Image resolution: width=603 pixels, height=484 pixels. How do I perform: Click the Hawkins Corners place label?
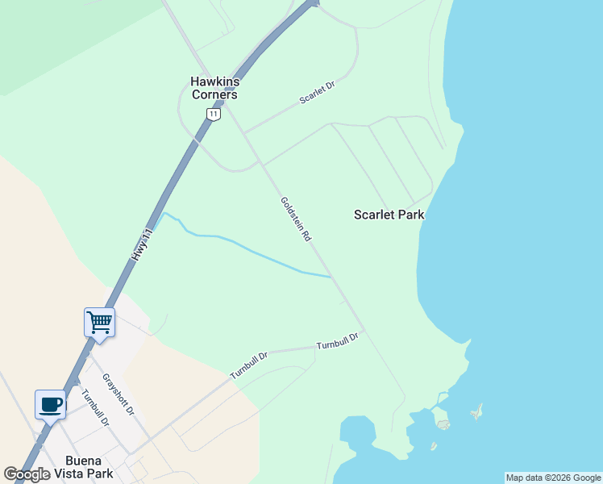(x=214, y=88)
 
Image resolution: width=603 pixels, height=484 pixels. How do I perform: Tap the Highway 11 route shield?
(x=213, y=115)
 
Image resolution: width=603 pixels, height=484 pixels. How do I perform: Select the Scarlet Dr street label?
(x=317, y=92)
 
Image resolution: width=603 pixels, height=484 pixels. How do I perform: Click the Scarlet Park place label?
(x=389, y=215)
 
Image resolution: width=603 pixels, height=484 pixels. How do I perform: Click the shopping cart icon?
(x=99, y=322)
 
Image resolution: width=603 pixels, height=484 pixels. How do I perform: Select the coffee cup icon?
(x=50, y=404)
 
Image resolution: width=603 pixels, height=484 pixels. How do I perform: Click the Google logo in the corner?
(x=27, y=474)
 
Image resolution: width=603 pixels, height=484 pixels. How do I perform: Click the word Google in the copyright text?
(x=586, y=478)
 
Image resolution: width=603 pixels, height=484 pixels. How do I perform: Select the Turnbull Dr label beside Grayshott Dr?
(x=94, y=408)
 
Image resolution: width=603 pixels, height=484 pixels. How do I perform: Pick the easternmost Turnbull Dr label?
(x=337, y=341)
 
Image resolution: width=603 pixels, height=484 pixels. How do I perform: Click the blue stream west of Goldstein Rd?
(x=242, y=245)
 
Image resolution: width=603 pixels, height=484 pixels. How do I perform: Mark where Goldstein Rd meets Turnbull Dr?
(x=364, y=330)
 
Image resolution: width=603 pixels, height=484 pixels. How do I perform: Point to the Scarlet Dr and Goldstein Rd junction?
(x=243, y=132)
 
